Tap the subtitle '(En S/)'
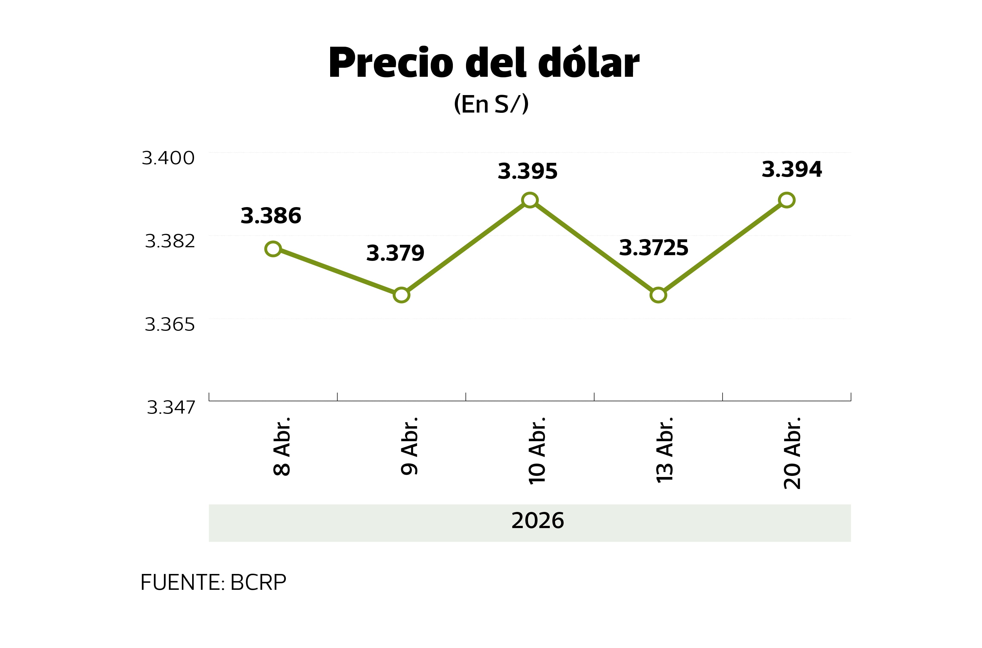[491, 104]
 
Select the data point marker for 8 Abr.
[273, 249]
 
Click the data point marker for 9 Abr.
[401, 295]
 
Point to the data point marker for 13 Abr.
[658, 295]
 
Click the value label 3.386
[271, 216]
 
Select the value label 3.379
[395, 253]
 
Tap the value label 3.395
[527, 171]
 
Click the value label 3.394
[792, 169]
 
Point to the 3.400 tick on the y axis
[168, 158]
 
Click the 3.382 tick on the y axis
[170, 241]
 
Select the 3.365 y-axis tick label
[170, 325]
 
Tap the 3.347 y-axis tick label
[171, 408]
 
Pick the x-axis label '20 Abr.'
[792, 453]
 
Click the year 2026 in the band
[538, 520]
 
